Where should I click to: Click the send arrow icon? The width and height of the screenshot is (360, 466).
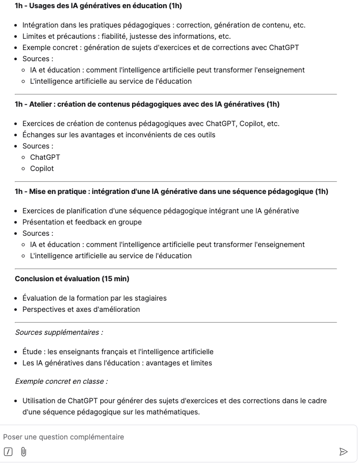pyautogui.click(x=343, y=452)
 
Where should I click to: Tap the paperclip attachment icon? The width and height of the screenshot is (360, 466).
pyautogui.click(x=23, y=452)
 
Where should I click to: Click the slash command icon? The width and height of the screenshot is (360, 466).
pyautogui.click(x=8, y=452)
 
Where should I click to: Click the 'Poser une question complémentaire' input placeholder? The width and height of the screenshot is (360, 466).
pyautogui.click(x=64, y=437)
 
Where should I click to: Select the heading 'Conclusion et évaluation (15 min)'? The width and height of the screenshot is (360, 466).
pyautogui.click(x=72, y=279)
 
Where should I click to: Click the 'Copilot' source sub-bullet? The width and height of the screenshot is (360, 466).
pyautogui.click(x=42, y=168)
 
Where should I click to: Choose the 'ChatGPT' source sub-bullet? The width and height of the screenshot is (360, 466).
pyautogui.click(x=45, y=157)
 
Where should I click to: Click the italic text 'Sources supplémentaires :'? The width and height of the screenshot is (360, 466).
pyautogui.click(x=59, y=332)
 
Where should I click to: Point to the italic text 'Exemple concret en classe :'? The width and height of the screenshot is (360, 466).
pyautogui.click(x=61, y=381)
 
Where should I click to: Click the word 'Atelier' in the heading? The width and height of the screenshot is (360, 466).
pyautogui.click(x=41, y=104)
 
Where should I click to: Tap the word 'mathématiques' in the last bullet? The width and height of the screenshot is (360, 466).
pyautogui.click(x=171, y=412)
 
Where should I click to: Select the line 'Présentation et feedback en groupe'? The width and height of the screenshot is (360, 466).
pyautogui.click(x=82, y=222)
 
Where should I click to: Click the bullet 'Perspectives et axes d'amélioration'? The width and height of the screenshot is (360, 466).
pyautogui.click(x=81, y=309)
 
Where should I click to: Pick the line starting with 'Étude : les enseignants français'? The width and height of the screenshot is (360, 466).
pyautogui.click(x=118, y=352)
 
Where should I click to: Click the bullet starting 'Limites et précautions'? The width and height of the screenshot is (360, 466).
pyautogui.click(x=126, y=36)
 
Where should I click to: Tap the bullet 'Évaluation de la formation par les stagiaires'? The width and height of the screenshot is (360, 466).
pyautogui.click(x=94, y=298)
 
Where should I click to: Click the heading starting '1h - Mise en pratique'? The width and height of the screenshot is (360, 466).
pyautogui.click(x=171, y=191)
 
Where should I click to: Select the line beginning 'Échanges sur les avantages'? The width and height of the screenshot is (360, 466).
pyautogui.click(x=119, y=135)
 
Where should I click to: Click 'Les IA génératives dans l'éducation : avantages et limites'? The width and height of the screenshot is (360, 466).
pyautogui.click(x=117, y=363)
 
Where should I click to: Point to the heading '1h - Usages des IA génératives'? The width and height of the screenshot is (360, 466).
pyautogui.click(x=98, y=6)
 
